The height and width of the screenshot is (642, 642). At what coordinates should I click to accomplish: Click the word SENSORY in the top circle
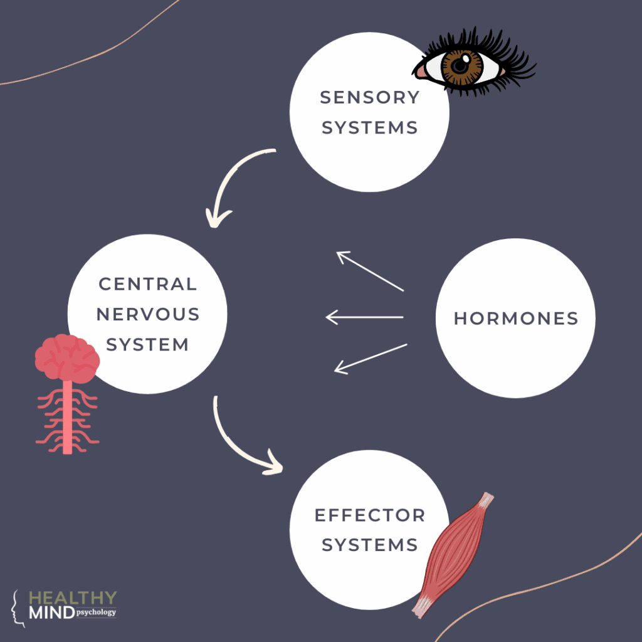point(369,97)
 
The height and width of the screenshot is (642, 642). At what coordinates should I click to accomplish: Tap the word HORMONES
point(515,318)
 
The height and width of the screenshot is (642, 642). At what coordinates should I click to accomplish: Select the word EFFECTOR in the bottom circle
point(369,515)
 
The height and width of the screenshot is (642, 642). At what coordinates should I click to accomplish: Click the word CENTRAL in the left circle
point(148,284)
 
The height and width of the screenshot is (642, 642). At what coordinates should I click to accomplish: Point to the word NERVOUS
point(148,314)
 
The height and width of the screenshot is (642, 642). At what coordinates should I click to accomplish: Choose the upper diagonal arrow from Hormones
point(370,271)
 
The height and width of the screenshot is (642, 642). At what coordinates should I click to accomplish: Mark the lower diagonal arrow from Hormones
point(371,359)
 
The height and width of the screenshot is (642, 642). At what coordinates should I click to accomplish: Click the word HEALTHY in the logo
point(73,597)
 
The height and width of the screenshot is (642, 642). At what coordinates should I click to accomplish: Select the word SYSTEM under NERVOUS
point(148,344)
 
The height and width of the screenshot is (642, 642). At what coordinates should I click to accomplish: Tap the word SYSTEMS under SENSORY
point(369,127)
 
